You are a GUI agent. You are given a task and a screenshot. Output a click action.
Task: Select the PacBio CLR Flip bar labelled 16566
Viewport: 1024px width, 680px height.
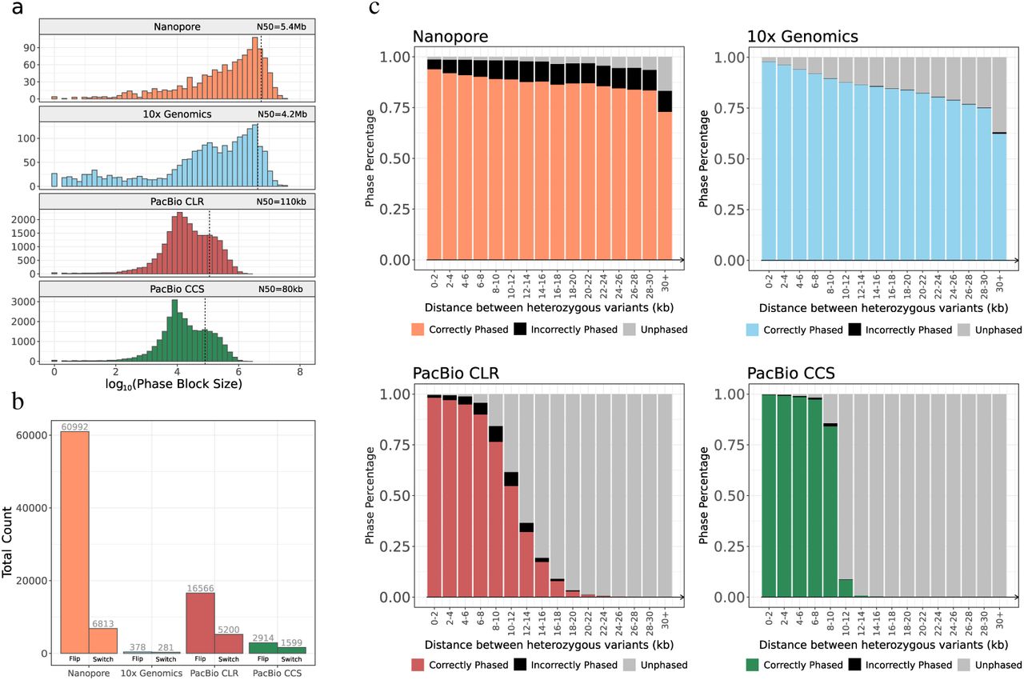coord(199,623)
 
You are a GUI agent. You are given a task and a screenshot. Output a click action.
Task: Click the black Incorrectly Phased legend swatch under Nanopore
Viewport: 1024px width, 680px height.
coord(522,330)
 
